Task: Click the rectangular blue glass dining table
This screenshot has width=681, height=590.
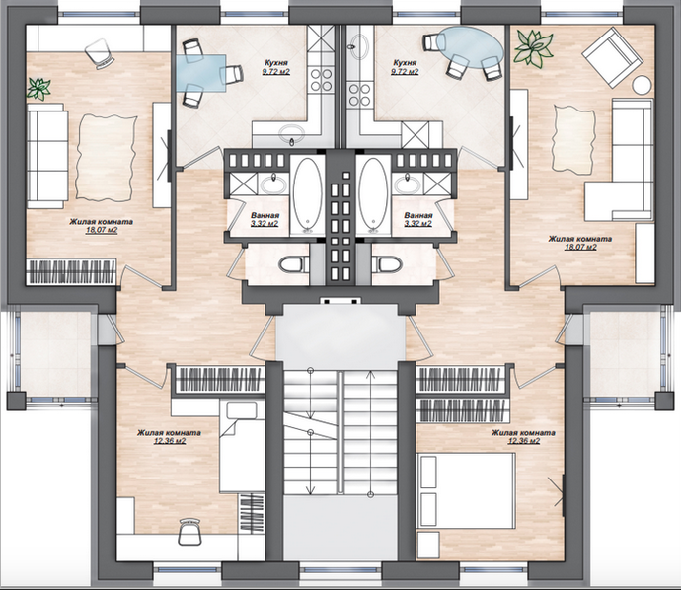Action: [x=201, y=73]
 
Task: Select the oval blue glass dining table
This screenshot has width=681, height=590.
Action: [x=471, y=47]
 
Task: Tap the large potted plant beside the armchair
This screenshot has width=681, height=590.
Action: [x=533, y=47]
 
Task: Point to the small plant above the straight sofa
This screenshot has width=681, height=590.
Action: [x=38, y=89]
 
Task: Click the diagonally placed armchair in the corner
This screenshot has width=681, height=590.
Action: [x=612, y=58]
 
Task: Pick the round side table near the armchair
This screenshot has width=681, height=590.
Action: [x=642, y=84]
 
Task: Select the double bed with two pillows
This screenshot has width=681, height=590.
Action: [x=466, y=491]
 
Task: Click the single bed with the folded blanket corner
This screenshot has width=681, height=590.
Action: [x=242, y=446]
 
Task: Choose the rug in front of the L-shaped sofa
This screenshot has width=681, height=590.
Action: [x=572, y=138]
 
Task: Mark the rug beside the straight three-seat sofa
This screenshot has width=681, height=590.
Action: [x=106, y=157]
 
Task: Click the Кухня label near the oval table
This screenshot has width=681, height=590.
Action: [x=404, y=63]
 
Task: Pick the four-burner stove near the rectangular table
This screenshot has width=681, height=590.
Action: [x=322, y=80]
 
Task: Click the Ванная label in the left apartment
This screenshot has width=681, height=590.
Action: [x=265, y=215]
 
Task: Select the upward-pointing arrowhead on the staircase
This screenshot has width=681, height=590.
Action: [x=370, y=374]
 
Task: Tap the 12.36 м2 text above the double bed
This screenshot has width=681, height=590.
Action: [x=524, y=441]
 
